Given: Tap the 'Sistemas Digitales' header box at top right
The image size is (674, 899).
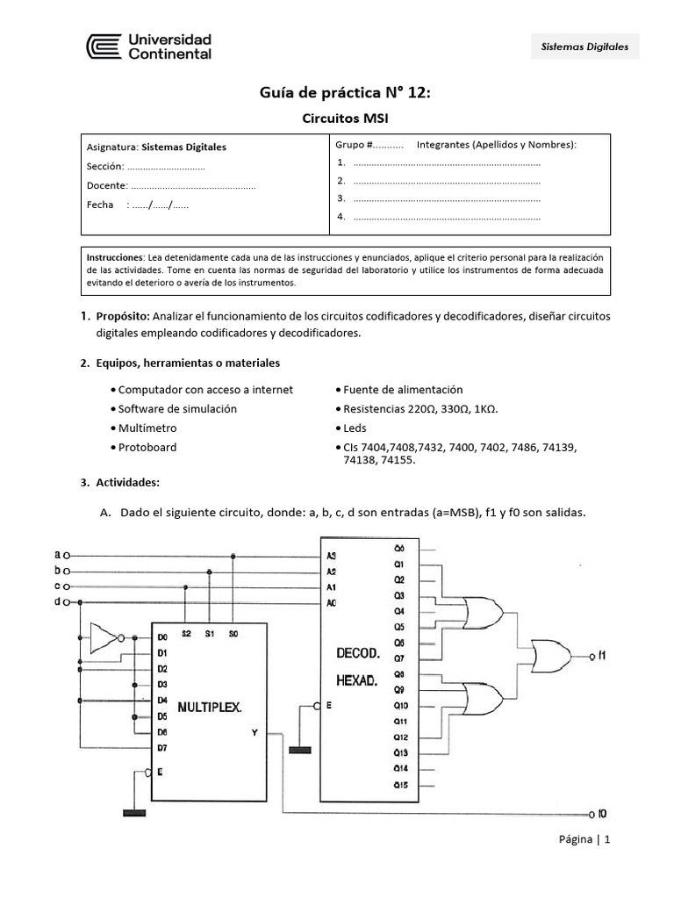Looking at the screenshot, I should (585, 47).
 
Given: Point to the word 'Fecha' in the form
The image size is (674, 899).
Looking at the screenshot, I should (100, 205).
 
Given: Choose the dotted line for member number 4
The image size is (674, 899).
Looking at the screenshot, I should (447, 216).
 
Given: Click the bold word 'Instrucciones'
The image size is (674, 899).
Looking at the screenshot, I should (115, 257).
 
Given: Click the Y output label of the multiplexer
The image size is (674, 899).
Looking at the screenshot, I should (254, 734).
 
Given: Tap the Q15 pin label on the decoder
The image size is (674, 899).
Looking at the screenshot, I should (400, 784).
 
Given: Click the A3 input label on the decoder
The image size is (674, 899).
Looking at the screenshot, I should (331, 556).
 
